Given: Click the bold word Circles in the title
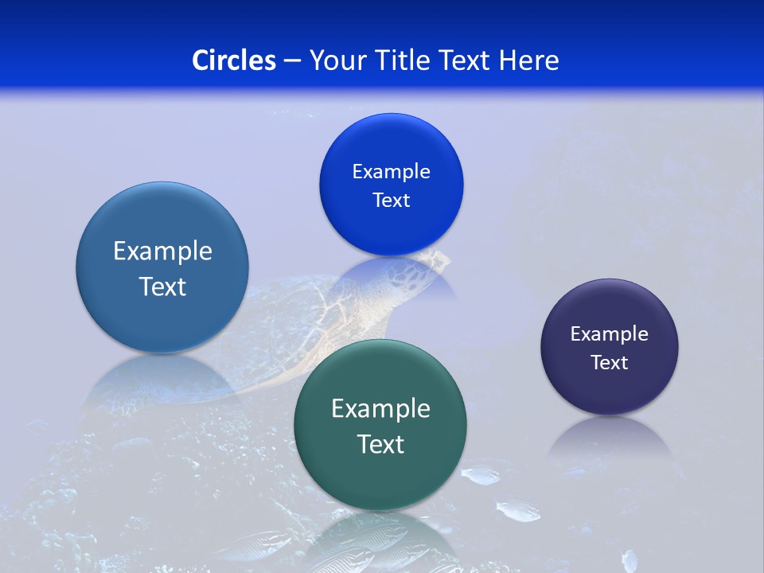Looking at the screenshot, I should tap(234, 60).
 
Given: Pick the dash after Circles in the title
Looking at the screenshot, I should tap(292, 61).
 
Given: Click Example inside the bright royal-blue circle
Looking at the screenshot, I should tap(391, 171).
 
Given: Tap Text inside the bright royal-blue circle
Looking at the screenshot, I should tap(391, 200).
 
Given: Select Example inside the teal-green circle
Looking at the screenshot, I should tap(380, 409).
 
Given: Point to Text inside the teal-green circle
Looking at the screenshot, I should tap(380, 444).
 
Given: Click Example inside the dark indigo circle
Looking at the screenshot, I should tap(610, 334).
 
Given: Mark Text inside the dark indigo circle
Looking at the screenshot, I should tap(610, 363).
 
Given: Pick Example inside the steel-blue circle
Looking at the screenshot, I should tap(162, 251).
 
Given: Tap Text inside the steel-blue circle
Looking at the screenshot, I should tap(162, 286).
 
